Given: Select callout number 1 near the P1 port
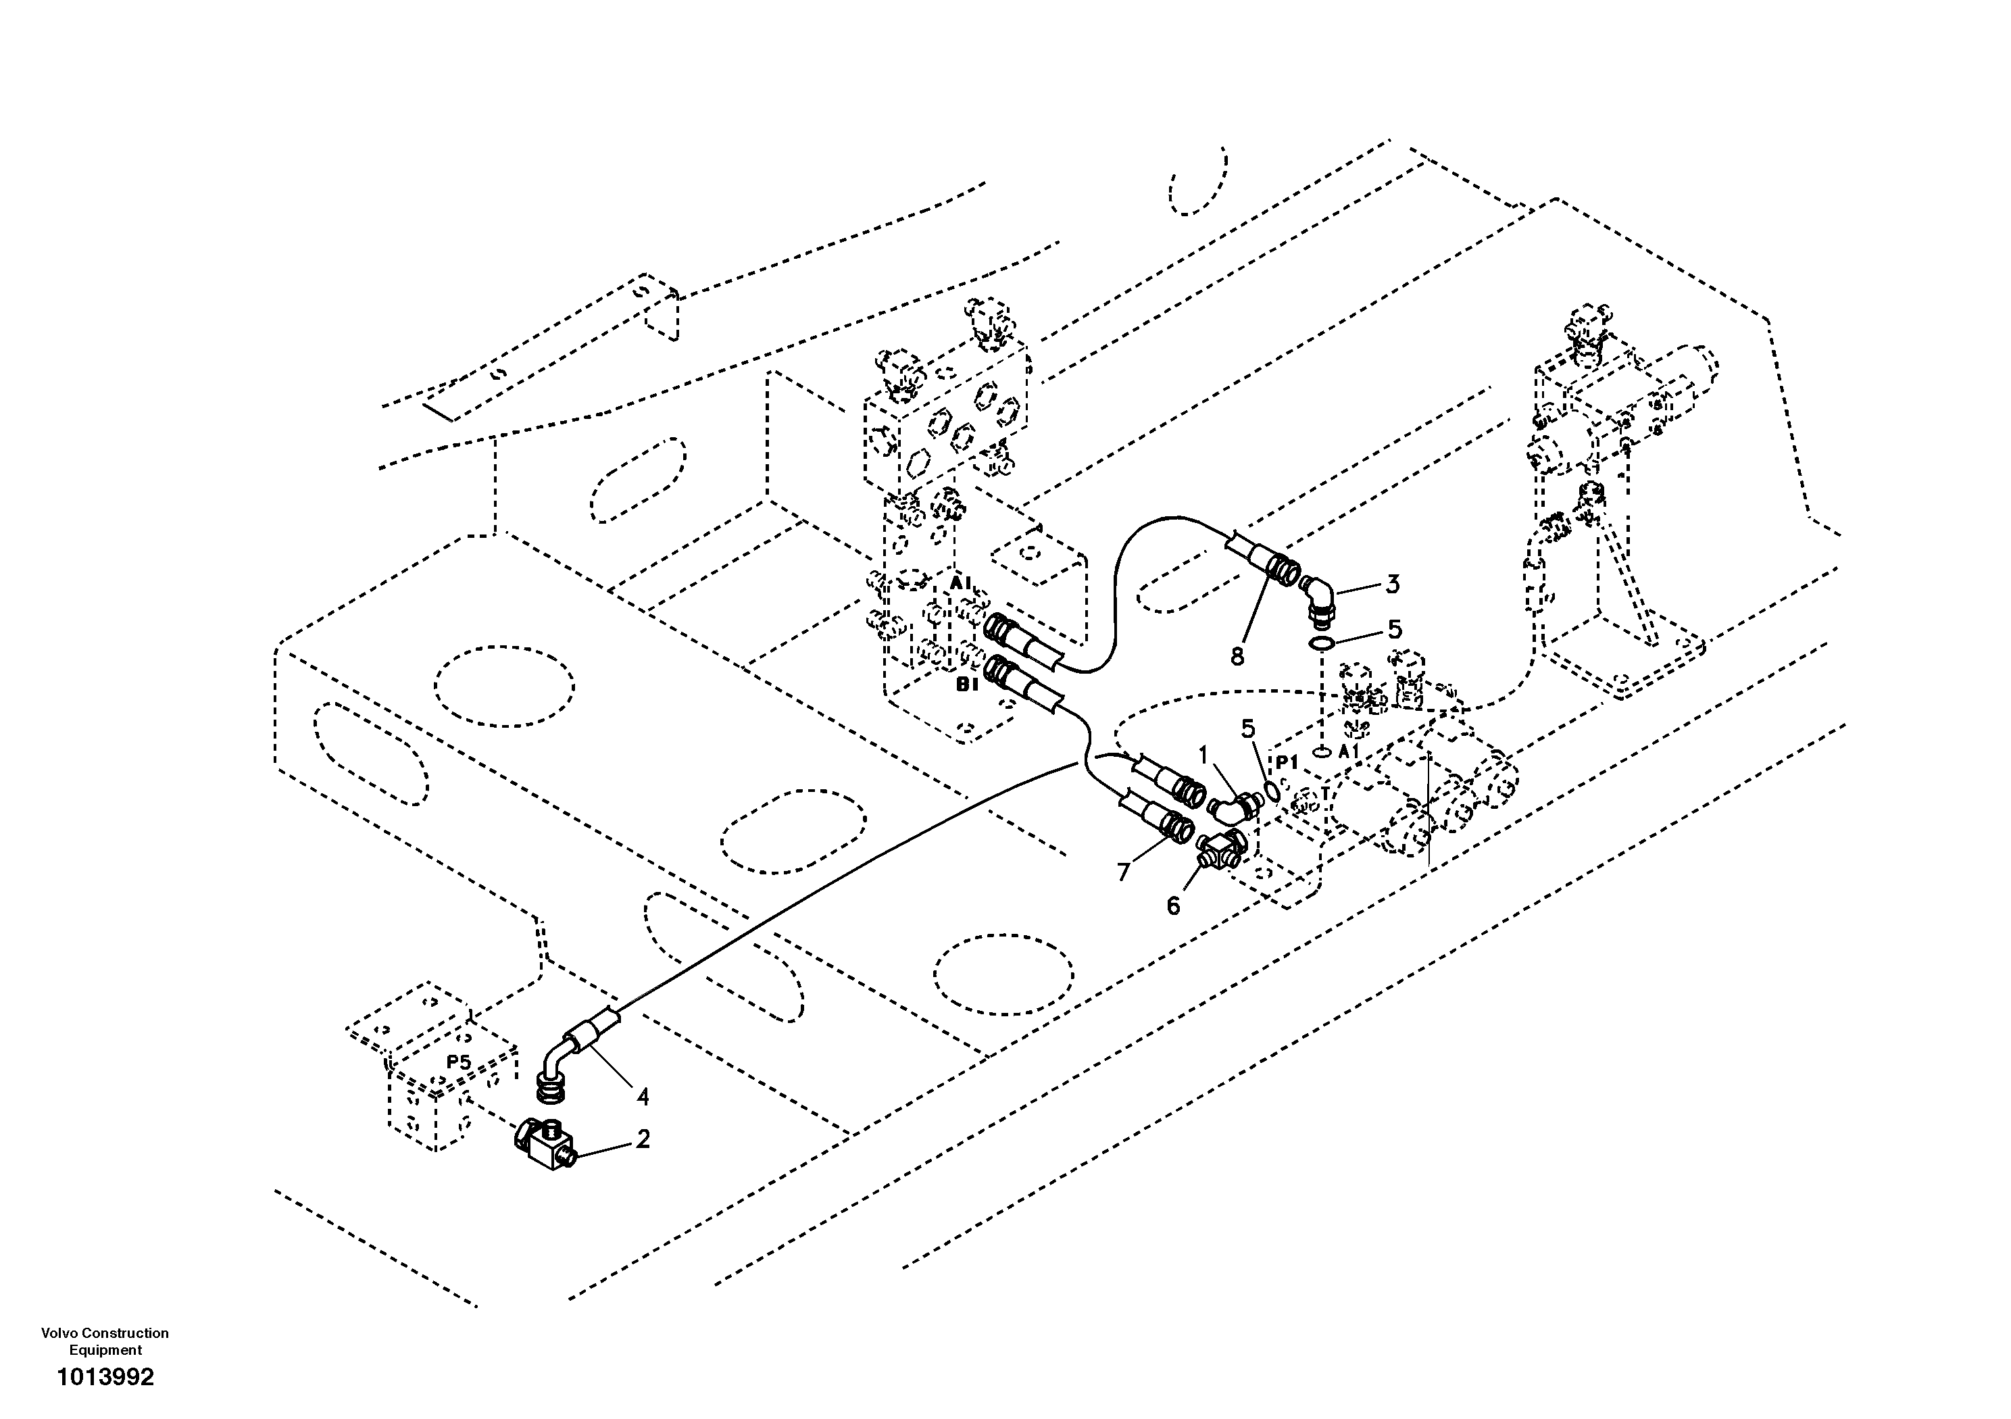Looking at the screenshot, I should [x=1203, y=755].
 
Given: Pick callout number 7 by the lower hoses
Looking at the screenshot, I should [x=1124, y=872].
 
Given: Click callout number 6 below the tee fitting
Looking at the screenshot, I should [x=1174, y=905].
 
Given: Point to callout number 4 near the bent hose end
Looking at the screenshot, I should [x=643, y=1096].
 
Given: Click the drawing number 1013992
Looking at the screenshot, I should [x=105, y=1378].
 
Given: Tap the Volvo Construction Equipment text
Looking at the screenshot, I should [x=105, y=1341].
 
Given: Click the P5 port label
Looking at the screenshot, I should [x=459, y=1062].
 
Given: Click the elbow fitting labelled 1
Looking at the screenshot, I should [x=1233, y=804].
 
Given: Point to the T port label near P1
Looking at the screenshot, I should [x=1325, y=793].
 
